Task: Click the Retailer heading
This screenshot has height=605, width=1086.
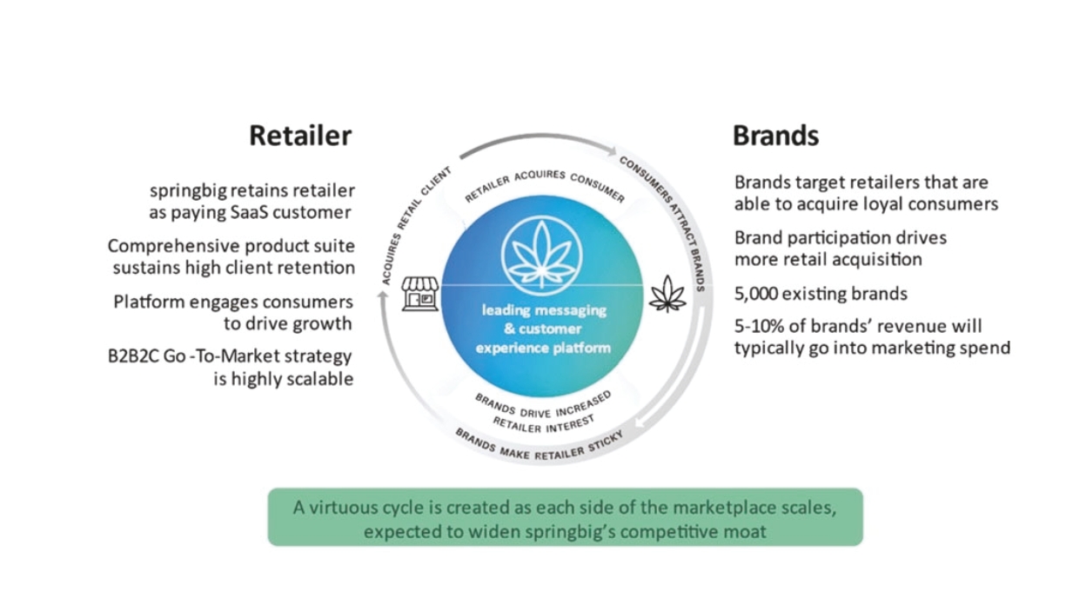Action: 300,136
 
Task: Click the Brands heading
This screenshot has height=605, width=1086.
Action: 775,136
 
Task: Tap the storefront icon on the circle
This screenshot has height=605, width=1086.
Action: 419,294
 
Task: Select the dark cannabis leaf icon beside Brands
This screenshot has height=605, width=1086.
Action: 667,294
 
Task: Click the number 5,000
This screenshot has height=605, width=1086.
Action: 761,294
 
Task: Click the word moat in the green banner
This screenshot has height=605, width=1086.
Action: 744,530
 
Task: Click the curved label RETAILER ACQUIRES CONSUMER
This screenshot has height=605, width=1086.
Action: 544,183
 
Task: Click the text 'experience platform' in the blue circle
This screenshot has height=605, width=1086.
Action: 545,348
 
